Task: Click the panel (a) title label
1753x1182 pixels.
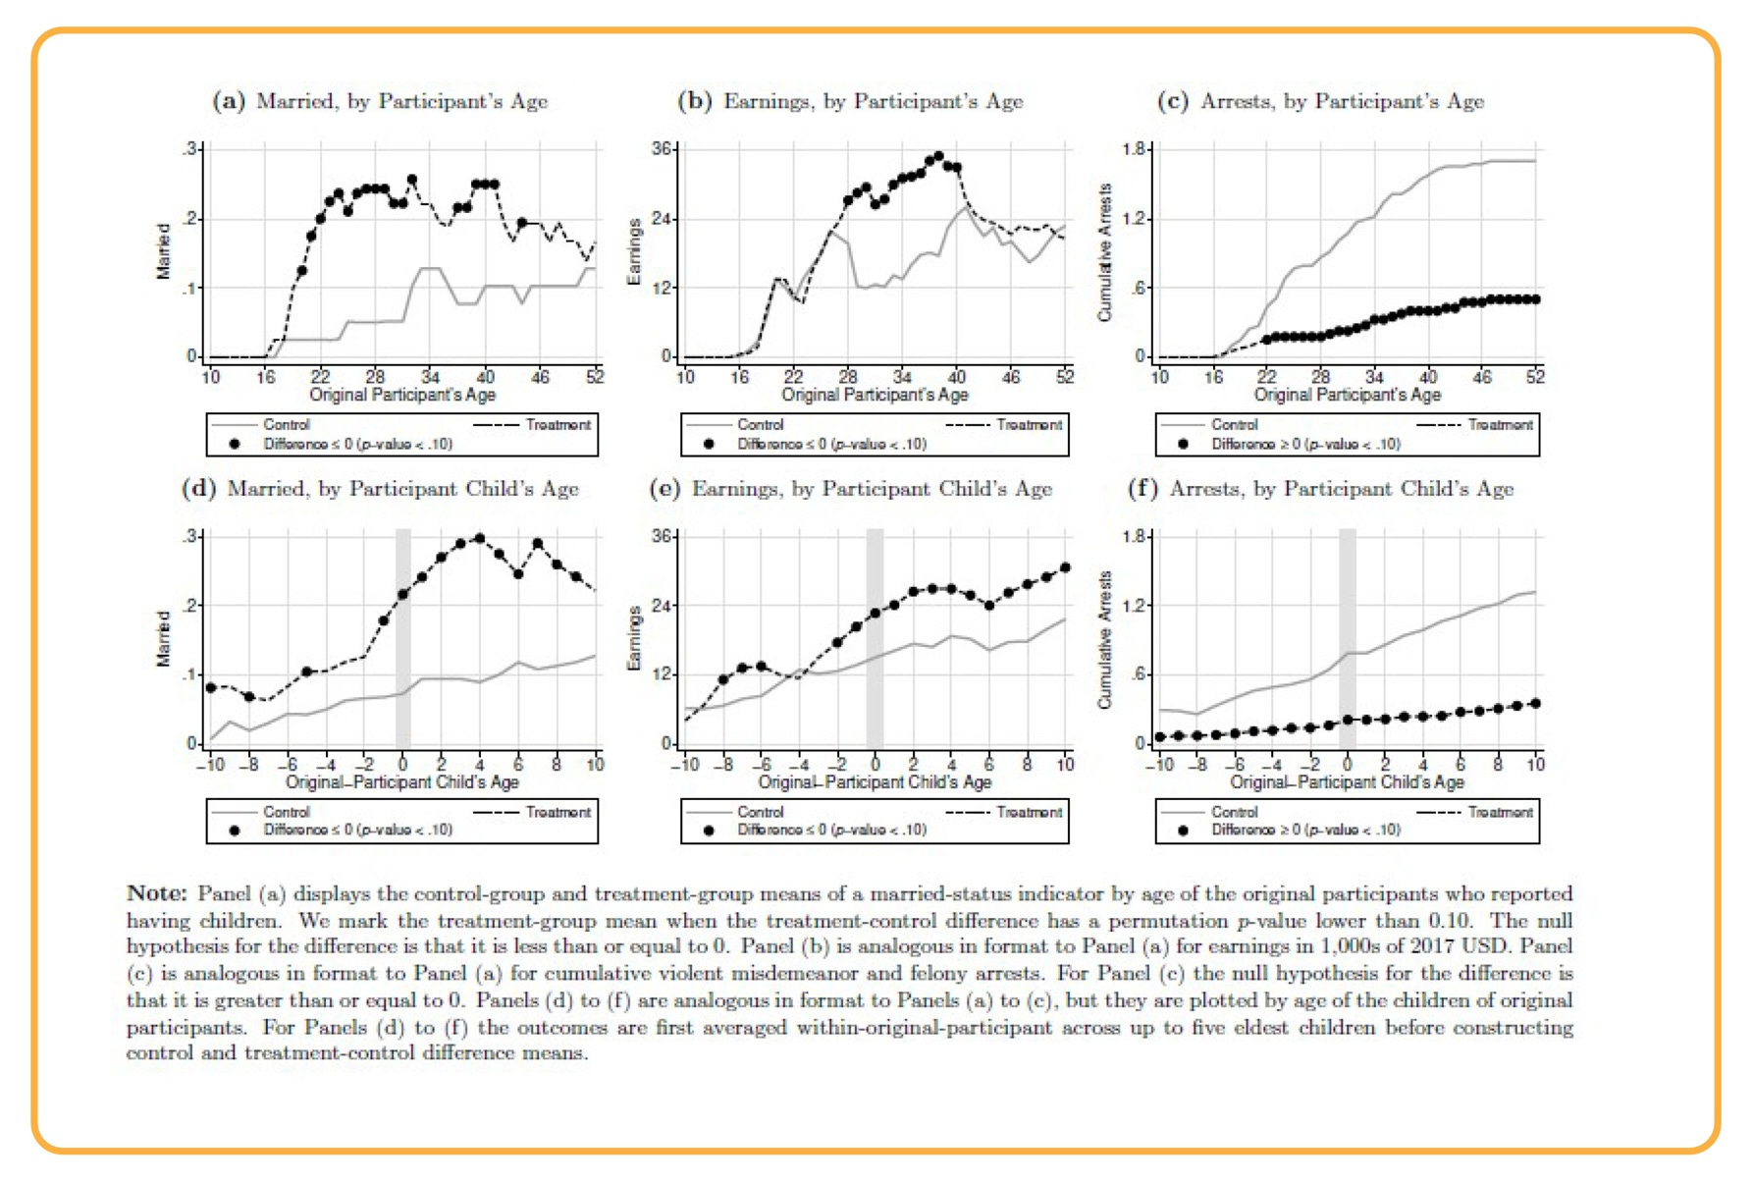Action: click(x=380, y=101)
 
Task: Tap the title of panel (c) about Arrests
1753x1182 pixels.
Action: click(x=1320, y=101)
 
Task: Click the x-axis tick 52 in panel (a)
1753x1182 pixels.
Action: click(x=595, y=377)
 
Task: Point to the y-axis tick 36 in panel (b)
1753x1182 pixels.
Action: click(x=663, y=149)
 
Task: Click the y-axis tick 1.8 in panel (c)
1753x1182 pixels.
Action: click(x=1134, y=149)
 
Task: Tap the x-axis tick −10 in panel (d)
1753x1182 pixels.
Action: click(x=209, y=765)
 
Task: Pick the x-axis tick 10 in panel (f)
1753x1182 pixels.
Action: click(x=1536, y=765)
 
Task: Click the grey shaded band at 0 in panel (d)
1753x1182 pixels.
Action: click(x=402, y=638)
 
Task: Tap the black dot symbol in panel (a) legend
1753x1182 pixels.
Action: click(x=234, y=445)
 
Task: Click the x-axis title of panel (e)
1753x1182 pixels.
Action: click(x=875, y=782)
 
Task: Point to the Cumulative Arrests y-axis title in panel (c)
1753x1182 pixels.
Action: click(x=1106, y=252)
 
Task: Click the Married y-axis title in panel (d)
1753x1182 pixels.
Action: click(x=163, y=639)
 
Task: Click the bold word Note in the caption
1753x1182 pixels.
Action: click(x=156, y=893)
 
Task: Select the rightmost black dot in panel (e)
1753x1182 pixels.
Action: click(x=1065, y=567)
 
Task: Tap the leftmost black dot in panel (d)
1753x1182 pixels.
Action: click(x=211, y=688)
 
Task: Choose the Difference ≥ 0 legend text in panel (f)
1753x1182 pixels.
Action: click(x=1305, y=831)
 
